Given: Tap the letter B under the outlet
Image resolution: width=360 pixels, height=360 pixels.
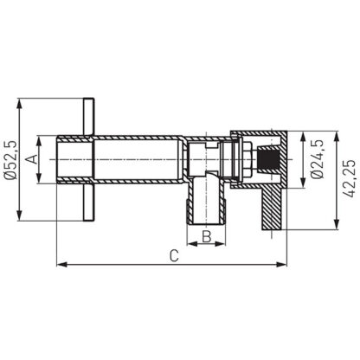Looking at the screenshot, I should [x=207, y=235].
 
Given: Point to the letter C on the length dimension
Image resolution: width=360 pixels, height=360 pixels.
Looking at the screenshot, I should [x=174, y=256].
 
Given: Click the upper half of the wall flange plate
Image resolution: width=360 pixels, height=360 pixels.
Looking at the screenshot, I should [x=88, y=117].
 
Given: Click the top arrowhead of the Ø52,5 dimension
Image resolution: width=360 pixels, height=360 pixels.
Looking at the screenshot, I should [x=20, y=103].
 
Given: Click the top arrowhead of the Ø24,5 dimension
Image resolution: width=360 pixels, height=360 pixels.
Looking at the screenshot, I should [x=304, y=136].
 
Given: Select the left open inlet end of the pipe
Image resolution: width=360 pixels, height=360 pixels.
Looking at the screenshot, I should [x=58, y=160].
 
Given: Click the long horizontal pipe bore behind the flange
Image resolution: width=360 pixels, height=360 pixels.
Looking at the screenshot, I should [x=138, y=160].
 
